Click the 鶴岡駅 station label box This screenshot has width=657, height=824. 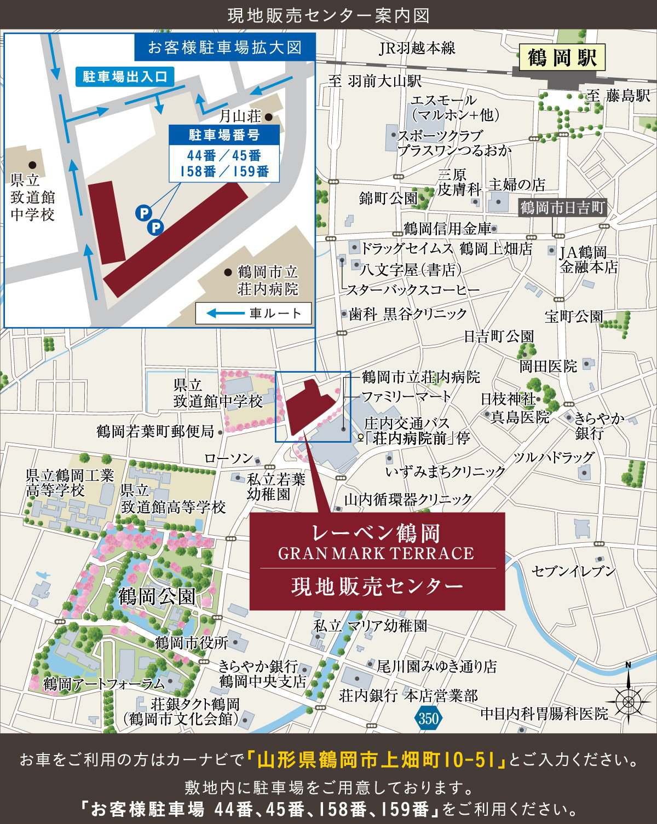[562, 57]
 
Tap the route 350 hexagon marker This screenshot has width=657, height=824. [428, 717]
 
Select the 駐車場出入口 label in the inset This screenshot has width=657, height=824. [125, 76]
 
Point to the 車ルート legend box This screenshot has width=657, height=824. [253, 314]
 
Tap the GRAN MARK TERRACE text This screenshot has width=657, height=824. [376, 554]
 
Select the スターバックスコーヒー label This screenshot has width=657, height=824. [413, 289]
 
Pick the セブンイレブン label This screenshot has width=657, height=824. [574, 571]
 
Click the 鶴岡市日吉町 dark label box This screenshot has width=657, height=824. [562, 208]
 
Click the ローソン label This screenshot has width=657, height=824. [229, 458]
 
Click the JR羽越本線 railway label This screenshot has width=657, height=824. [417, 48]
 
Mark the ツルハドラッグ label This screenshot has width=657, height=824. [554, 457]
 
